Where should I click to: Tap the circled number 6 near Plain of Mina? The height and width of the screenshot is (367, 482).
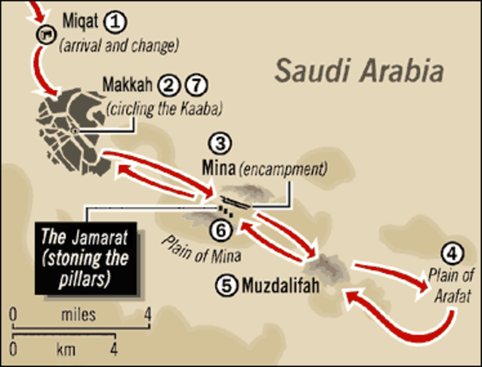pyautogui.click(x=220, y=228)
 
